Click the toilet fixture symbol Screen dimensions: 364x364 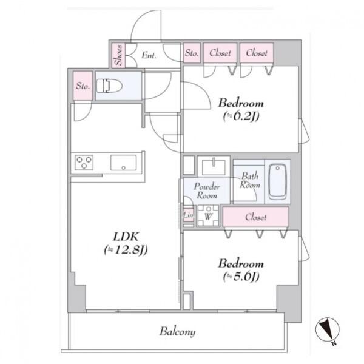[x=109, y=86]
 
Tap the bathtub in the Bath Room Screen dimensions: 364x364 [x=278, y=181]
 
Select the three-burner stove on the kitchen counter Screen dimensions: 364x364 [x=84, y=162]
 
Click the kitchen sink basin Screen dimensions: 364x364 [x=124, y=163]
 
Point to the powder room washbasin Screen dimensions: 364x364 [x=214, y=167]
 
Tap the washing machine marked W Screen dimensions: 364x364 [x=208, y=215]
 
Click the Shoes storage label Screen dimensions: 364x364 [x=118, y=55]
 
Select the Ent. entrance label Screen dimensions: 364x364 [x=149, y=55]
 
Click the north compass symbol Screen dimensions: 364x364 [x=328, y=329]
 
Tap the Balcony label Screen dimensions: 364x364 [x=177, y=331]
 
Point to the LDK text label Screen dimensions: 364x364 [x=126, y=237]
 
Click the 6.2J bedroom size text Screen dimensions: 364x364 [x=241, y=116]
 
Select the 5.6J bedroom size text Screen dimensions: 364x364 [x=241, y=277]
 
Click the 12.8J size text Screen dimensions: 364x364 [x=126, y=250]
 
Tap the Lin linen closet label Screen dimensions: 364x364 [x=188, y=215]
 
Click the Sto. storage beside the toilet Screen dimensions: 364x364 [x=83, y=86]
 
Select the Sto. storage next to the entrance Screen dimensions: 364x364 [x=192, y=53]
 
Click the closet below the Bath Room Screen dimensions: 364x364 [x=256, y=217]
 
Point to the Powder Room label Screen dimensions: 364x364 [x=207, y=191]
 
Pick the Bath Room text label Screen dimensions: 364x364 [x=250, y=180]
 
